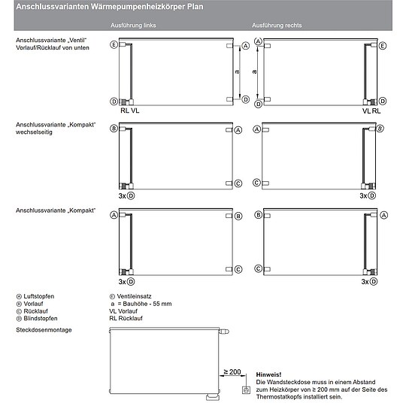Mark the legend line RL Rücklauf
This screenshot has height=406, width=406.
tap(126, 318)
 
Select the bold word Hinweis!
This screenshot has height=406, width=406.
tap(268, 374)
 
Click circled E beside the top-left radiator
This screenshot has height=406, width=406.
tap(114, 45)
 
